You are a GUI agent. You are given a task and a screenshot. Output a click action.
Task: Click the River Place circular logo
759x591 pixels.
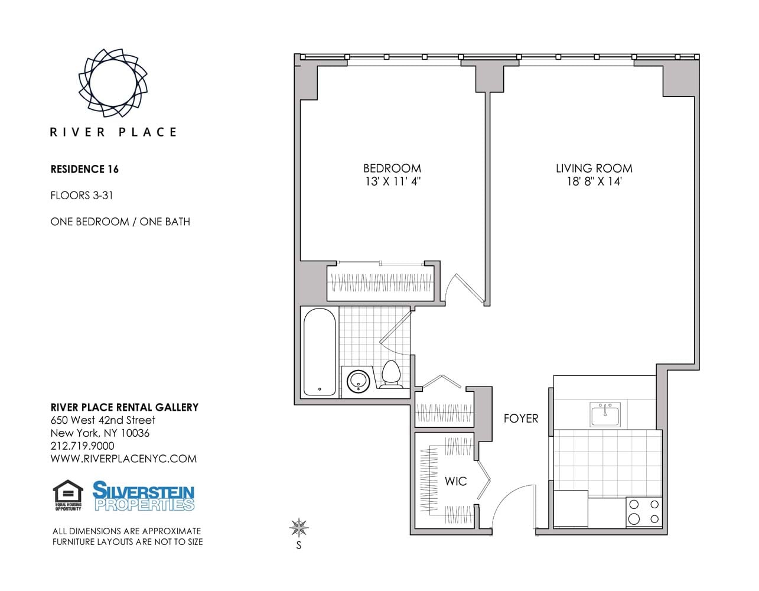tap(113, 83)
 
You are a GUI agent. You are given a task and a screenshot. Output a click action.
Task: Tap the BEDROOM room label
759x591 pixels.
tap(392, 168)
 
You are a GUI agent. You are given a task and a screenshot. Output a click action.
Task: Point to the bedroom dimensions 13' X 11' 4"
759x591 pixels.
tap(393, 182)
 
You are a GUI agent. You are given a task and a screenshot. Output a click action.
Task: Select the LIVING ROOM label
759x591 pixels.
tap(594, 168)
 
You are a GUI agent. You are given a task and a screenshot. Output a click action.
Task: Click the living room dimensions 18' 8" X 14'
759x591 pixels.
tap(594, 182)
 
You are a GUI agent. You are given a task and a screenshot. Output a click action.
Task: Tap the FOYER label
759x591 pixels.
tap(521, 418)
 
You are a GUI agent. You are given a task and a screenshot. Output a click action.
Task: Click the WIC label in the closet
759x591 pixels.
tap(455, 481)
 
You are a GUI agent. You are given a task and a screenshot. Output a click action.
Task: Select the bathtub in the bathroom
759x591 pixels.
tap(320, 352)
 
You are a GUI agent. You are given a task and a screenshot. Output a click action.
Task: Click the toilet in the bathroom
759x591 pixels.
tap(391, 374)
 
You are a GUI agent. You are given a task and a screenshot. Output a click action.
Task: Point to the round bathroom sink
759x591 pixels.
tap(359, 381)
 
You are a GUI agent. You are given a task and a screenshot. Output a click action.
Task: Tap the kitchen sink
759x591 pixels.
tap(605, 414)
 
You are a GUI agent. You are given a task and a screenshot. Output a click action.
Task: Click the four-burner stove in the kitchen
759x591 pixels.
tap(644, 512)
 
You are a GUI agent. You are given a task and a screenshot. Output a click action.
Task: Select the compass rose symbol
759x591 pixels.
tap(299, 527)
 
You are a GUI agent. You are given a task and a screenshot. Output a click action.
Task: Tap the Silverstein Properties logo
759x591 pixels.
tap(143, 496)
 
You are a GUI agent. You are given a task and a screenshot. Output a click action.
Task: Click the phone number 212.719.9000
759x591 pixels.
tap(83, 446)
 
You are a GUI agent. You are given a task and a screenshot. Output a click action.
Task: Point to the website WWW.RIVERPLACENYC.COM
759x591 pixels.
tap(123, 459)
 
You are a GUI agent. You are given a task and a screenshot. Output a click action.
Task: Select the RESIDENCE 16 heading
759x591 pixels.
tap(84, 169)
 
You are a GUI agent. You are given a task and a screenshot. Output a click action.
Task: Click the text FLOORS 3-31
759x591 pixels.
tap(82, 196)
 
